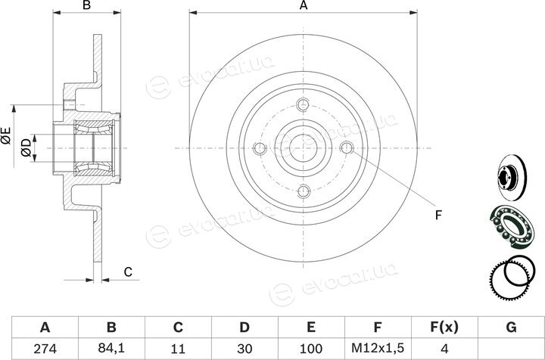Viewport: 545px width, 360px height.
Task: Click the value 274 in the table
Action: [45, 349]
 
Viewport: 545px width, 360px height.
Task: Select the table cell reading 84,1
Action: [111, 348]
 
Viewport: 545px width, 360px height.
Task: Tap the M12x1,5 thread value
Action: [378, 348]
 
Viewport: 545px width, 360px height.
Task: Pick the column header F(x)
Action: [444, 327]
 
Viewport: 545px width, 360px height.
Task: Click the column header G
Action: [511, 327]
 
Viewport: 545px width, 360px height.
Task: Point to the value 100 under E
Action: [311, 349]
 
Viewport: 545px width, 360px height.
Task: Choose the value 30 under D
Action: [244, 349]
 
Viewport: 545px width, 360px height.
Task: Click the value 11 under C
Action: [178, 349]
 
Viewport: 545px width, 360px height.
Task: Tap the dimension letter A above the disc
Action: [304, 5]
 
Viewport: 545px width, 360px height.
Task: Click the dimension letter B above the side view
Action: [86, 5]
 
